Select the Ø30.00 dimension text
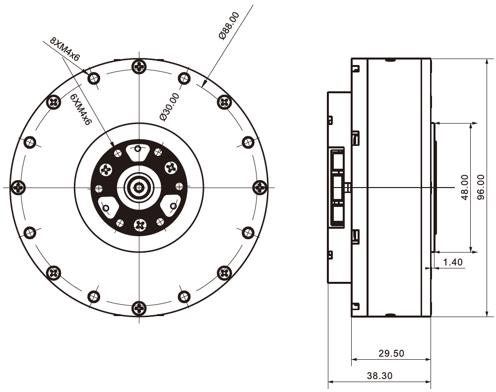(x=170, y=107)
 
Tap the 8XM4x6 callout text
(x=65, y=49)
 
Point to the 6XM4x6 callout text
(x=80, y=110)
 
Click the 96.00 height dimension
(x=481, y=187)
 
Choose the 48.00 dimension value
(x=464, y=187)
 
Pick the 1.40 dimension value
(x=453, y=262)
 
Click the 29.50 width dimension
(x=391, y=353)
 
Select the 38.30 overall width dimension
(x=379, y=376)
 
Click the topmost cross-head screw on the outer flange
(x=139, y=66)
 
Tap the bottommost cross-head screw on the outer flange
(x=139, y=308)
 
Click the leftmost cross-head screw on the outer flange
(x=18, y=187)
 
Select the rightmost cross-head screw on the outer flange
(x=260, y=187)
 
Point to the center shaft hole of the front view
(x=138, y=188)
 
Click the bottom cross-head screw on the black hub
(x=139, y=225)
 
